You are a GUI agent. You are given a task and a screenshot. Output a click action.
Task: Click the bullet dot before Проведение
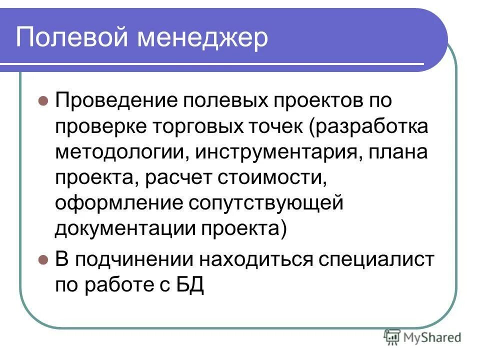(43, 100)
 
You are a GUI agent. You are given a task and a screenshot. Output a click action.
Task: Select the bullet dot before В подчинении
(43, 260)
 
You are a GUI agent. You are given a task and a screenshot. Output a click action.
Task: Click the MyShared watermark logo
(422, 337)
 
